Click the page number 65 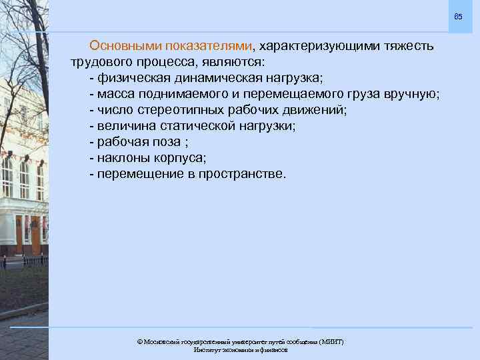pos(457,16)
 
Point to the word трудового pos(102,62)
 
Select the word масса pos(116,94)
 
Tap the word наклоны pos(122,158)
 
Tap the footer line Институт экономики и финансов pos(240,350)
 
